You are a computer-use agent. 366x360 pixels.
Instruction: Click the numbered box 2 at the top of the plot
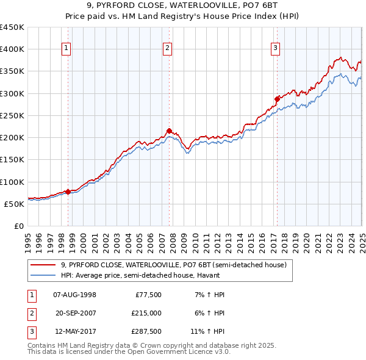click(x=167, y=49)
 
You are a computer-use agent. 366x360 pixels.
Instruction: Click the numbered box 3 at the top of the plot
click(x=275, y=49)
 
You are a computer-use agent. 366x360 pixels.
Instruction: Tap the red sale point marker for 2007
click(x=169, y=131)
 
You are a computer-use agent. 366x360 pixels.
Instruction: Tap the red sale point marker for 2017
click(x=277, y=98)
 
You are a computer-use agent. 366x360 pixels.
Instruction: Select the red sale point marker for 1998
click(x=68, y=192)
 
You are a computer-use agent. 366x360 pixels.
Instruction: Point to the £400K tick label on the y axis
click(x=12, y=49)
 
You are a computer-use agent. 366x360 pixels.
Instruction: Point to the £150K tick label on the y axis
click(x=12, y=159)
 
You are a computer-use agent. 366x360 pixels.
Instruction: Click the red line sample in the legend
click(x=43, y=265)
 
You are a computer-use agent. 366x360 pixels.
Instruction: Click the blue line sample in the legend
click(x=43, y=275)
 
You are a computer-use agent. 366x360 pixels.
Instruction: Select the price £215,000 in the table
click(x=146, y=314)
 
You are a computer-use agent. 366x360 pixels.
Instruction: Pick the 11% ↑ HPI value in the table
click(x=207, y=333)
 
